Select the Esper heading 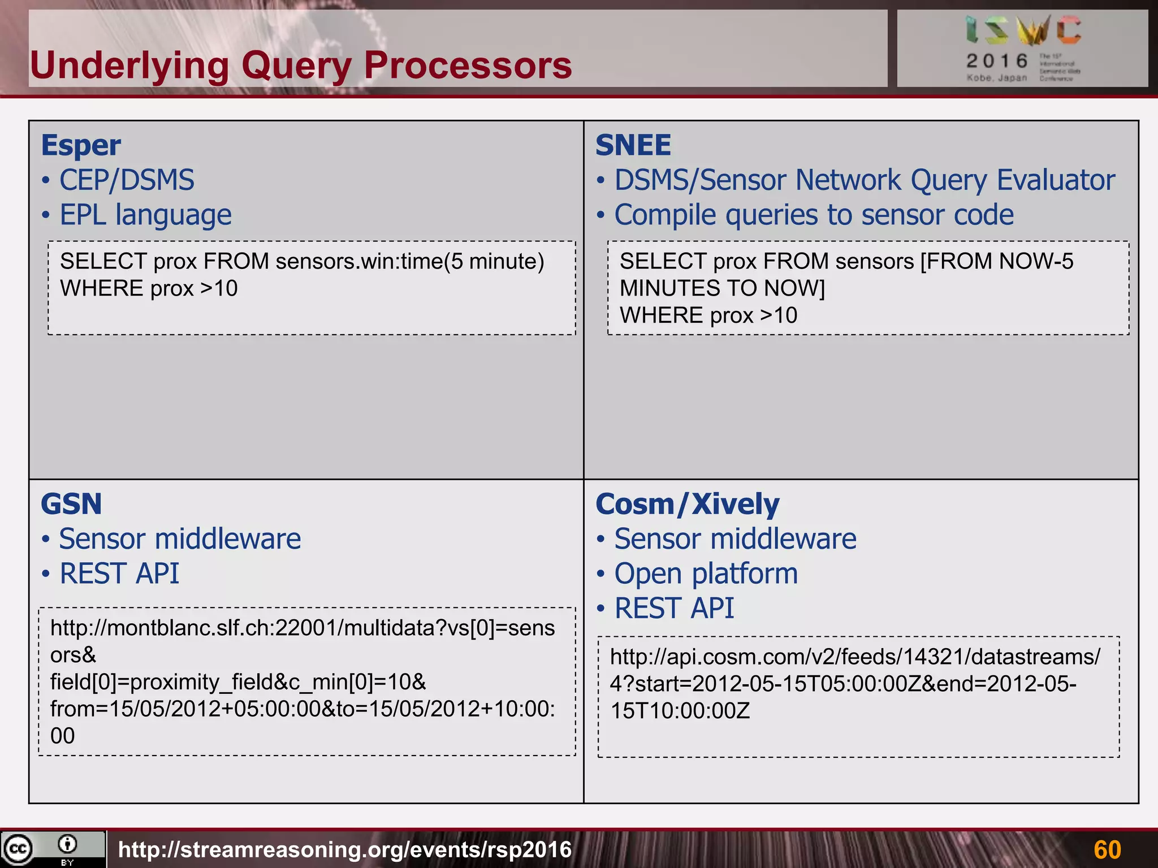point(81,146)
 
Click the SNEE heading point(633,146)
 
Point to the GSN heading point(71,504)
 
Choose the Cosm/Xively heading point(687,504)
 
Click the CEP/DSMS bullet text point(127,181)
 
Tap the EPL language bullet point(145,215)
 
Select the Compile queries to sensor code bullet point(814,215)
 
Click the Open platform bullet point(706,574)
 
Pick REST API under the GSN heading point(119,574)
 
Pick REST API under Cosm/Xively point(674,609)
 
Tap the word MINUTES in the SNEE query point(659,289)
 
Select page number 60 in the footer point(1107,849)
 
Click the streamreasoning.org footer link point(345,849)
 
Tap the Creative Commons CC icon point(18,849)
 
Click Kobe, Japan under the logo point(996,78)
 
